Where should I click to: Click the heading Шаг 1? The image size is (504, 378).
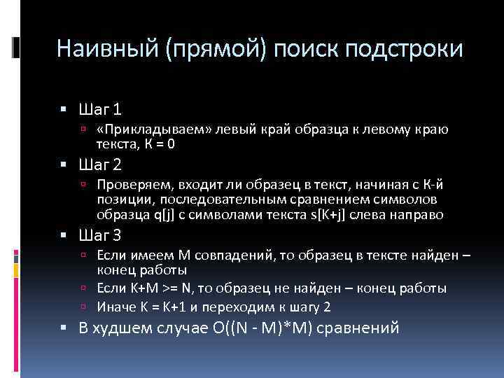(x=102, y=110)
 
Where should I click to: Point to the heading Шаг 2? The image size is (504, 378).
(x=102, y=165)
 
